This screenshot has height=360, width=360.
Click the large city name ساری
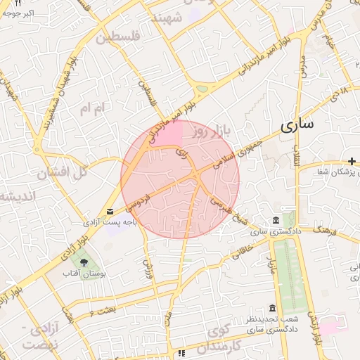pos(297,127)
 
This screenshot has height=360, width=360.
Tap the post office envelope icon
pos(110,211)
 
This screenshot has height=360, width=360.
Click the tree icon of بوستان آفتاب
pos(85,262)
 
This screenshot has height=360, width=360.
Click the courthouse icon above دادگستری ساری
pos(274,221)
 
